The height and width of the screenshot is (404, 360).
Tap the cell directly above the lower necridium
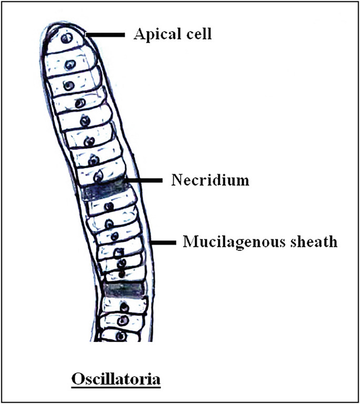[x=123, y=273]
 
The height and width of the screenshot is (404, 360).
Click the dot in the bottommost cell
[x=121, y=335]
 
